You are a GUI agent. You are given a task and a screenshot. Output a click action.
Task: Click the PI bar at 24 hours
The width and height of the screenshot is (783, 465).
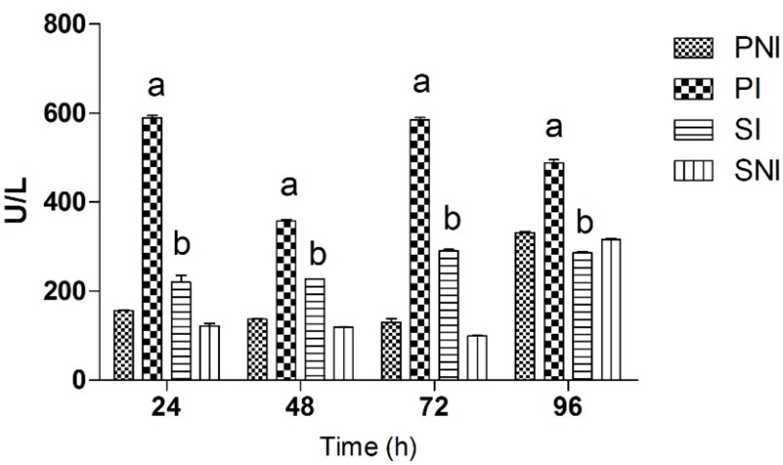[x=153, y=248]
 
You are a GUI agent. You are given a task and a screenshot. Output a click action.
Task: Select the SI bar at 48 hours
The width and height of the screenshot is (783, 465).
[x=315, y=329]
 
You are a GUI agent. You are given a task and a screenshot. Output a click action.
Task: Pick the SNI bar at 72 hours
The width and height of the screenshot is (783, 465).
[x=477, y=357]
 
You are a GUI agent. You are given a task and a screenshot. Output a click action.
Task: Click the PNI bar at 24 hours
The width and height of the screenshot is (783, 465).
[x=124, y=345]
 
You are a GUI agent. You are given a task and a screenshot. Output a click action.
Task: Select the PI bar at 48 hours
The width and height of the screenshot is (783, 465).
[x=286, y=300]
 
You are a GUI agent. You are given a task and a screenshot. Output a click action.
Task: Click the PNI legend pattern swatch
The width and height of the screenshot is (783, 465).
[x=693, y=49]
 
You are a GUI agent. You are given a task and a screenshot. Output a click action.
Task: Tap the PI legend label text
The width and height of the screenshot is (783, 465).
[x=747, y=90]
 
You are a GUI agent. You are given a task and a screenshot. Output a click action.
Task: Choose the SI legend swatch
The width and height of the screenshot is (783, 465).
[x=693, y=130]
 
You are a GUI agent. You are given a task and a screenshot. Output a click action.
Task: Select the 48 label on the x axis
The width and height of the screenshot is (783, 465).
[x=300, y=407]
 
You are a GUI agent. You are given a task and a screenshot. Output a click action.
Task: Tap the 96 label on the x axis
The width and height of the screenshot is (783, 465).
[x=568, y=407]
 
